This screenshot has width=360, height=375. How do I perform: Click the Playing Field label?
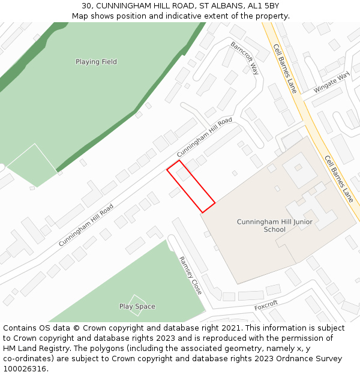point(96,62)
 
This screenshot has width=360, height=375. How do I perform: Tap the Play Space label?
point(137,307)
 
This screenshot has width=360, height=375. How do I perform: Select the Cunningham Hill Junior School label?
point(275,226)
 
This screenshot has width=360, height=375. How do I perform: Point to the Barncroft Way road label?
point(244,58)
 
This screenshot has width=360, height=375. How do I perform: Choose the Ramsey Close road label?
point(190,275)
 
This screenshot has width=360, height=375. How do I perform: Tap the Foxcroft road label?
point(266,305)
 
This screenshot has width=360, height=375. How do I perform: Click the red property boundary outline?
point(190,186)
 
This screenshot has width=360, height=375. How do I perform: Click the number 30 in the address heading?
point(86,6)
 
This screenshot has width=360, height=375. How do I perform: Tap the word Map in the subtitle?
point(80,16)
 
